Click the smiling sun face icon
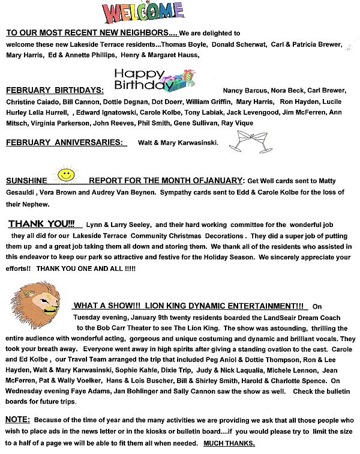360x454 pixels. tap(65, 175)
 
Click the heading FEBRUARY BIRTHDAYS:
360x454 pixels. tap(55, 91)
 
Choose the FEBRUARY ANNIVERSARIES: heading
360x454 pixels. tap(65, 143)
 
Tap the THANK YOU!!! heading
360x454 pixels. tap(41, 224)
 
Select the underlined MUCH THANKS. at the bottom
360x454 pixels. tap(229, 444)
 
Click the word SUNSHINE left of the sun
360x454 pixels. tap(26, 181)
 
